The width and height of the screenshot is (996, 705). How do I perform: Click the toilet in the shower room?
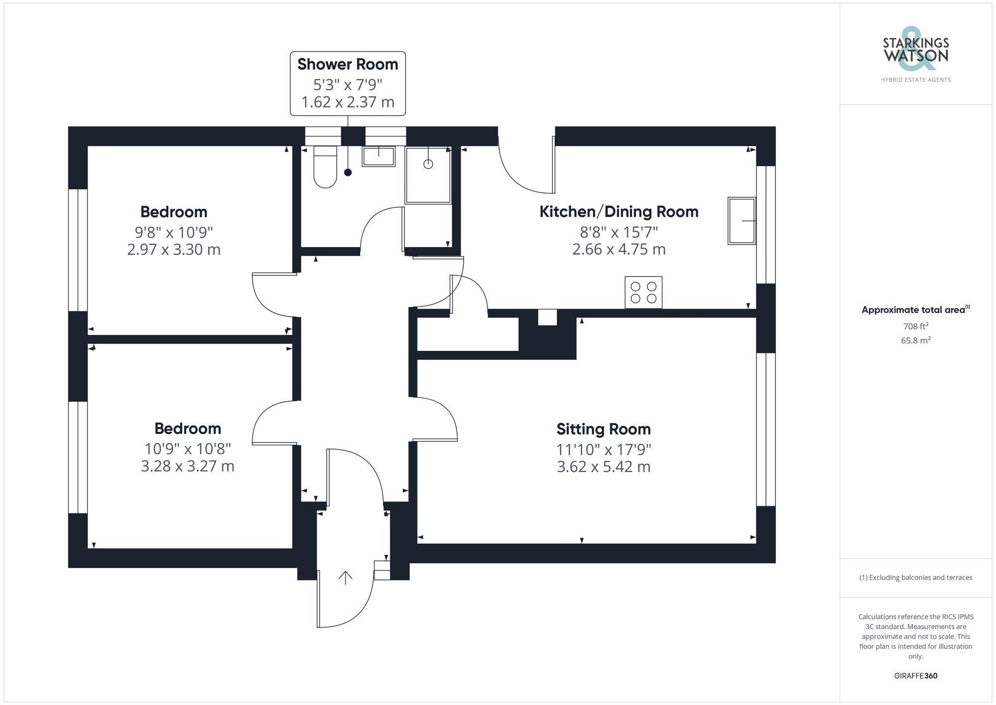pyautogui.click(x=325, y=167)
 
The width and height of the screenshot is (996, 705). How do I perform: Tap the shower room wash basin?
pyautogui.click(x=378, y=156)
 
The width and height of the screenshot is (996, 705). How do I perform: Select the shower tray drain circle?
pyautogui.click(x=428, y=164)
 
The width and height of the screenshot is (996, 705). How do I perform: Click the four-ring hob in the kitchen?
pyautogui.click(x=643, y=292)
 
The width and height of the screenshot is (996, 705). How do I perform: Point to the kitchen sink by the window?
pyautogui.click(x=742, y=221)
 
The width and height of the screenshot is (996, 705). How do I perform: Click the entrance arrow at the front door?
pyautogui.click(x=346, y=577)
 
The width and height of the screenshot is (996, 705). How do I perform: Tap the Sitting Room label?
pyautogui.click(x=603, y=429)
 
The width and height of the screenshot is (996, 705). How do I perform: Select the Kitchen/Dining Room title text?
pyautogui.click(x=619, y=212)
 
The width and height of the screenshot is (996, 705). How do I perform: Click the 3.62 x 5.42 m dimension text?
pyautogui.click(x=603, y=467)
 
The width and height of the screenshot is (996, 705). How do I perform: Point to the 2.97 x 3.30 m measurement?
pyautogui.click(x=173, y=249)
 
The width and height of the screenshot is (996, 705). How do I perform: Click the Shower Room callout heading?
pyautogui.click(x=348, y=64)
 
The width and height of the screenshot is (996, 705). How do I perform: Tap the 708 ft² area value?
pyautogui.click(x=915, y=326)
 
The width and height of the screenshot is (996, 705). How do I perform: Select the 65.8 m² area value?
pyautogui.click(x=915, y=341)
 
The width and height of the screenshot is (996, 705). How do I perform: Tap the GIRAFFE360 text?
pyautogui.click(x=915, y=676)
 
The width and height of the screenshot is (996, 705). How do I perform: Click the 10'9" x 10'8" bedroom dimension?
pyautogui.click(x=187, y=449)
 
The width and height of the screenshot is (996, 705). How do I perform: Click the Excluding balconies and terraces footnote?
pyautogui.click(x=915, y=577)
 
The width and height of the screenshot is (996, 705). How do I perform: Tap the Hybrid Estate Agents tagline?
pyautogui.click(x=915, y=80)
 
